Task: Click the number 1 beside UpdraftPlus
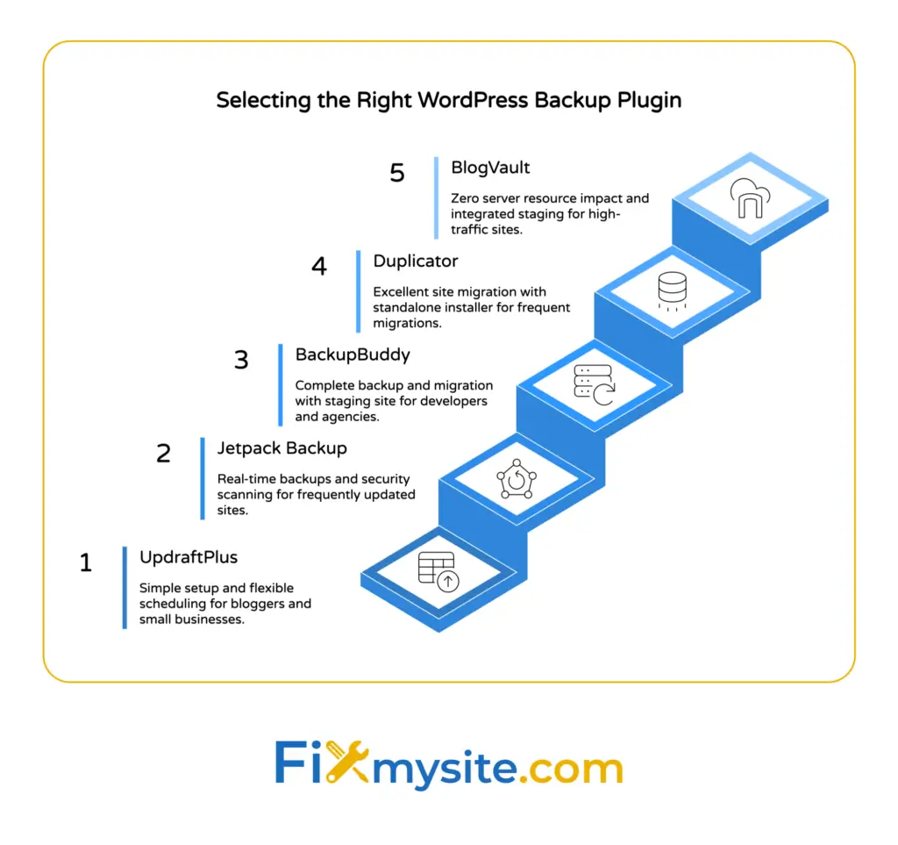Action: [86, 562]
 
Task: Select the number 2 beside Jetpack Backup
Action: [163, 454]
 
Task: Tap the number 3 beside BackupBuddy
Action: [241, 360]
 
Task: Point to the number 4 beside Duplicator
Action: [319, 266]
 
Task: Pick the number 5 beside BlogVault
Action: [397, 172]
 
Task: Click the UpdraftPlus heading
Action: [189, 556]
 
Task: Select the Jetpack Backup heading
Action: [282, 448]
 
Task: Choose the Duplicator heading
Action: [416, 261]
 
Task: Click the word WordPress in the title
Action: [471, 100]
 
